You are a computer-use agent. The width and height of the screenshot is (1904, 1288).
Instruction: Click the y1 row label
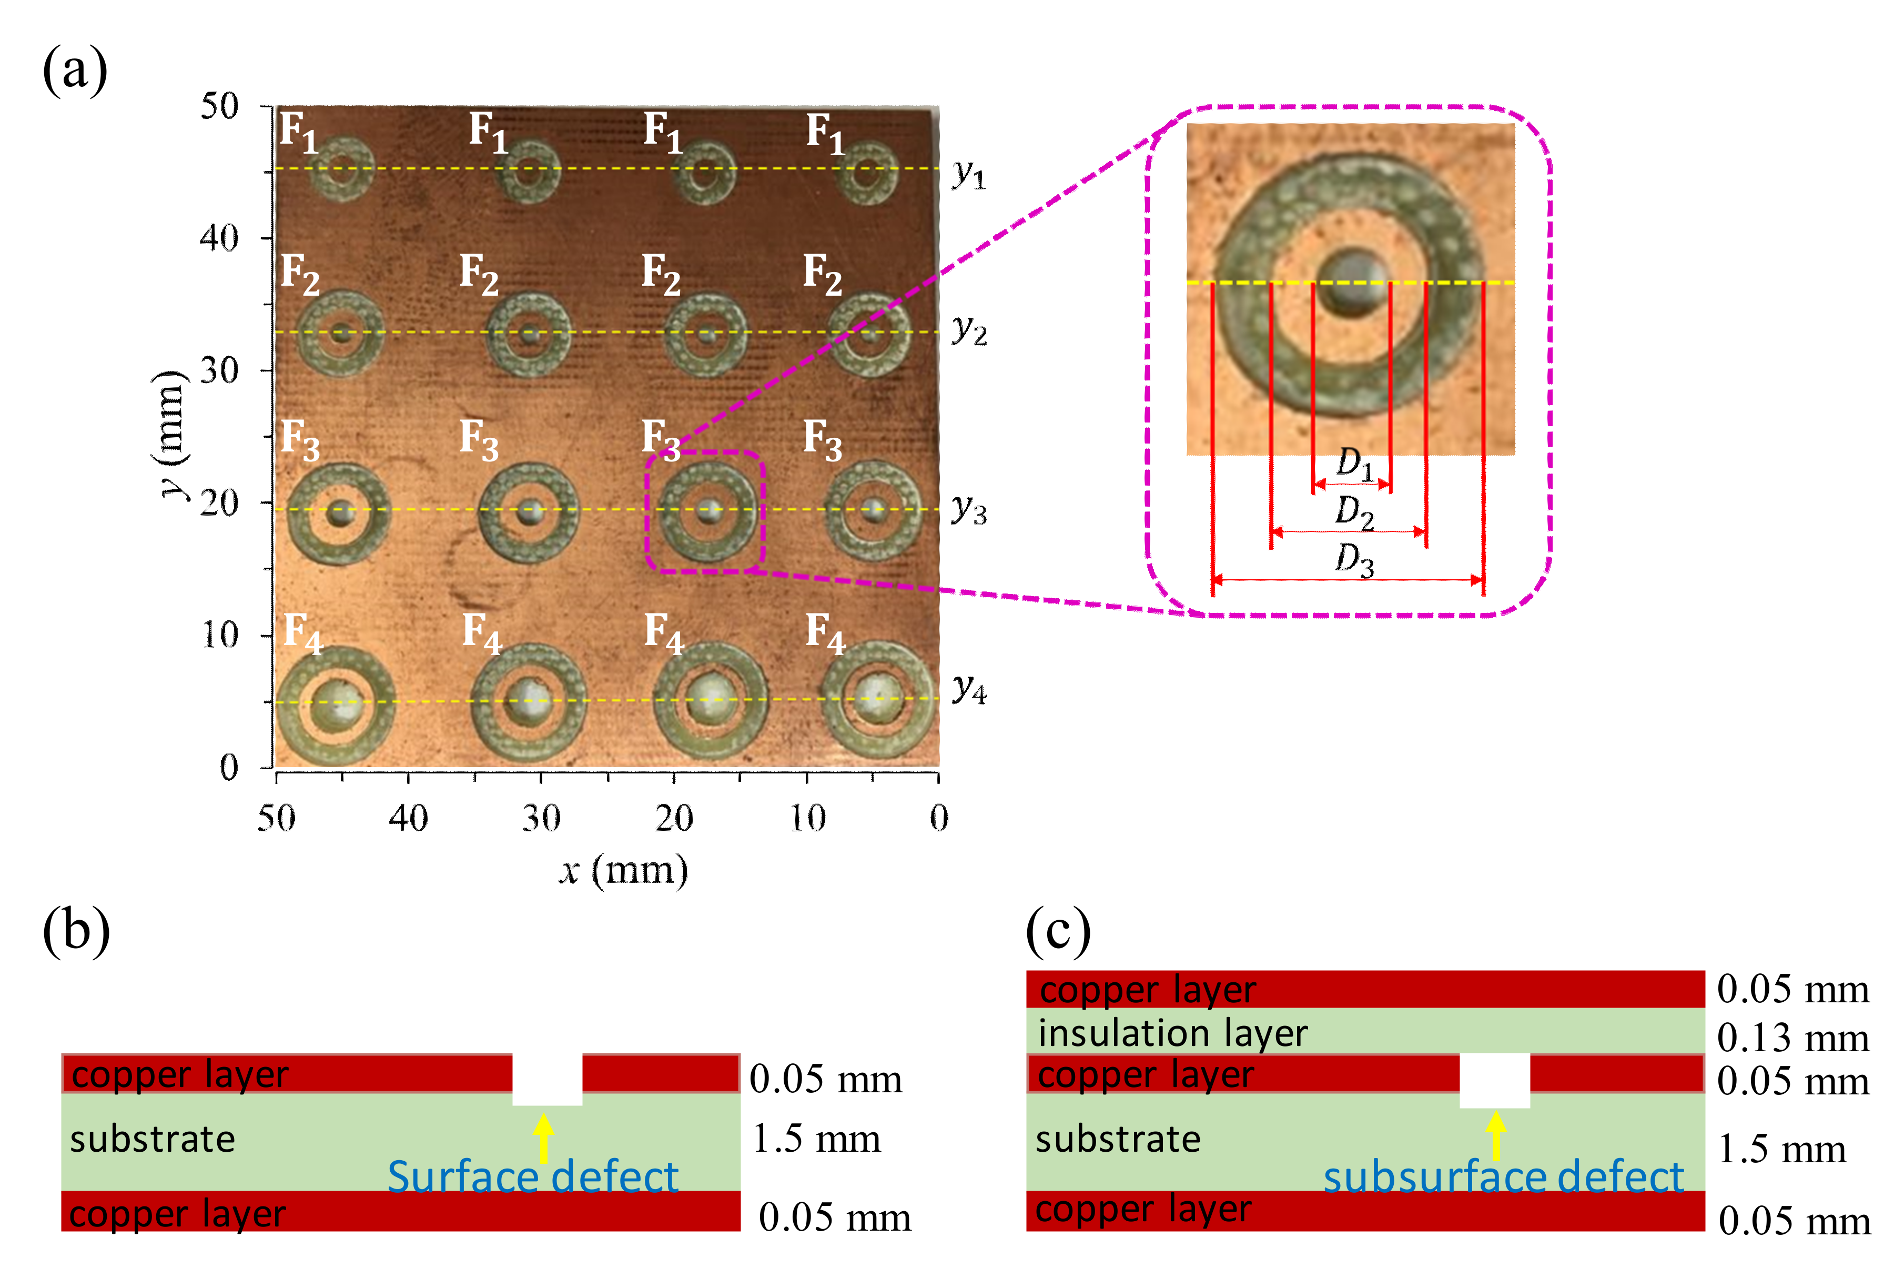(x=968, y=174)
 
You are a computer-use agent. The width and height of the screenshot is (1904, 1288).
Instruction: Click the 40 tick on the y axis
(x=219, y=238)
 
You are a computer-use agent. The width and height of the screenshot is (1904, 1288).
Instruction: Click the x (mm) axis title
(x=623, y=870)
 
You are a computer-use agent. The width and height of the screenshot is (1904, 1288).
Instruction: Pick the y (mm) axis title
(x=170, y=434)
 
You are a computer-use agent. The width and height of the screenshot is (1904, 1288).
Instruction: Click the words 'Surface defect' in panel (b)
(x=532, y=1178)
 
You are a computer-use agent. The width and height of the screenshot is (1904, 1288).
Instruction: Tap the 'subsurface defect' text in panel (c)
(x=1503, y=1178)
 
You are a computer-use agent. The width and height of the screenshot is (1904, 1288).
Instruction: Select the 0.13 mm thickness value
(x=1792, y=1038)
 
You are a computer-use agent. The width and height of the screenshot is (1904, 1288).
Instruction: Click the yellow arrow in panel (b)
(x=543, y=1137)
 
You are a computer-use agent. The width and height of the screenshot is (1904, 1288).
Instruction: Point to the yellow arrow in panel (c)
(x=1496, y=1135)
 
